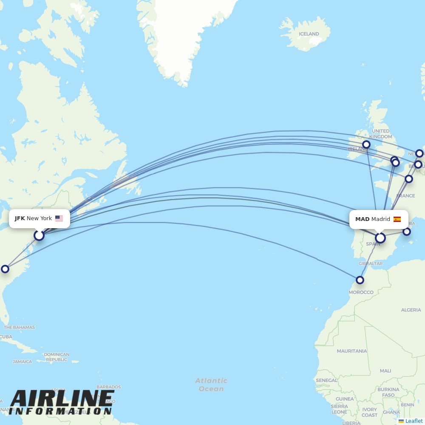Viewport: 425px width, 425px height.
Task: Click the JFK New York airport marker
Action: click(x=39, y=235)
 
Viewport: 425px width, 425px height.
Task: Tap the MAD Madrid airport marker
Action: click(x=380, y=238)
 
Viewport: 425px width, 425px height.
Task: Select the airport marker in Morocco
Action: click(x=360, y=280)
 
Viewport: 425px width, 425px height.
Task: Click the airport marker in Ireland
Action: click(x=366, y=144)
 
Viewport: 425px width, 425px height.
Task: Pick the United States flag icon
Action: click(x=59, y=218)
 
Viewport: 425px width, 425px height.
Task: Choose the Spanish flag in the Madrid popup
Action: click(x=397, y=219)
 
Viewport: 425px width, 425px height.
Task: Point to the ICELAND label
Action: click(x=309, y=34)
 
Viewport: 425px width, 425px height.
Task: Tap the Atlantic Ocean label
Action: click(x=211, y=385)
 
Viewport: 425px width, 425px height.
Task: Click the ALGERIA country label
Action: click(x=411, y=310)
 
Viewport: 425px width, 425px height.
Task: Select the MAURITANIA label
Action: click(x=351, y=351)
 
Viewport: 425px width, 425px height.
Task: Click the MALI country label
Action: click(x=385, y=371)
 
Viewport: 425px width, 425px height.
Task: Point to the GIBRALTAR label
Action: click(x=371, y=263)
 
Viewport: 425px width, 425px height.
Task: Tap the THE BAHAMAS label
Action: click(x=19, y=327)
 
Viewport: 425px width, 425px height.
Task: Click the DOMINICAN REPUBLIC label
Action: click(x=57, y=357)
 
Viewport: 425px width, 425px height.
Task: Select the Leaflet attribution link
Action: click(x=414, y=421)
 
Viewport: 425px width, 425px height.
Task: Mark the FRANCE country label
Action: click(x=405, y=195)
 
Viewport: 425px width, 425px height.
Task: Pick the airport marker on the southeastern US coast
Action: click(x=5, y=269)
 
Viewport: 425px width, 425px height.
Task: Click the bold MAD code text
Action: click(x=362, y=219)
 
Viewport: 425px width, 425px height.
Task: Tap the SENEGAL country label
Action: click(x=326, y=380)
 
